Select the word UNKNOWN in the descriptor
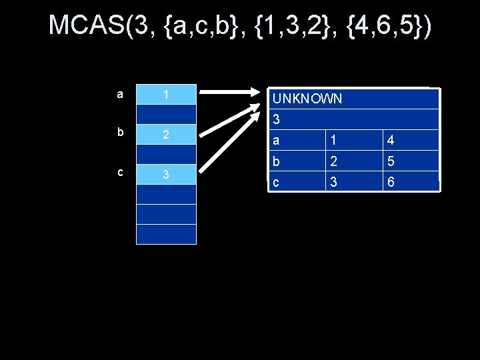click(x=307, y=99)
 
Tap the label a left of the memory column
click(x=119, y=94)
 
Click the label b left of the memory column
click(x=120, y=132)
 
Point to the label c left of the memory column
click(x=120, y=172)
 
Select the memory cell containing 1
click(x=166, y=95)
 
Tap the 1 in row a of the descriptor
click(x=334, y=141)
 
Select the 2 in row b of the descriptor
click(x=334, y=161)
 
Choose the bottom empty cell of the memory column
click(x=166, y=234)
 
